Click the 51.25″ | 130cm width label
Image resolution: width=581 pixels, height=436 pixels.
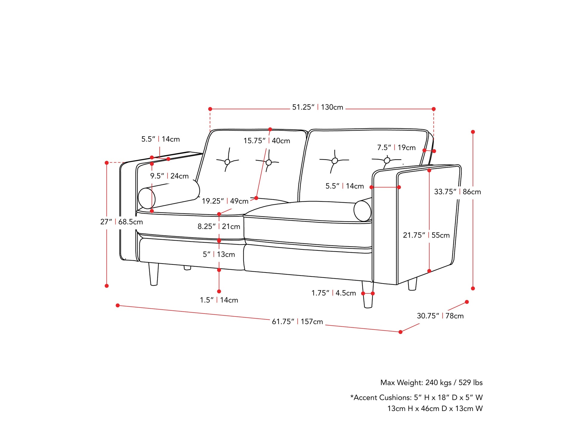pos(318,107)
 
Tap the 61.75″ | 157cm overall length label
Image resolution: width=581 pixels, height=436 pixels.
pos(297,322)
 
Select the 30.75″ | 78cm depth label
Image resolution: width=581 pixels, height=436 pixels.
pos(440,316)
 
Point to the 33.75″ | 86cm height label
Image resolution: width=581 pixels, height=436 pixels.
pos(457,192)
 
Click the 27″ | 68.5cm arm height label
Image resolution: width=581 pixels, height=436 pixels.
pos(122,222)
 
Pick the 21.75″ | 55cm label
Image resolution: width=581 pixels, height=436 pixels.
pos(426,235)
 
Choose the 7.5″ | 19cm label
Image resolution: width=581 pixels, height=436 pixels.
pos(396,148)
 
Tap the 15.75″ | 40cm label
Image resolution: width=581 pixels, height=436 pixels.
pos(267,141)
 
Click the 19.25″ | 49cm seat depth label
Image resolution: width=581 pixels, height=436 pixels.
pos(225,201)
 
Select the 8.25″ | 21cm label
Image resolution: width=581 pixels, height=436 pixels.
pos(219,227)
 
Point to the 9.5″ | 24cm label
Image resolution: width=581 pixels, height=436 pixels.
pos(169,176)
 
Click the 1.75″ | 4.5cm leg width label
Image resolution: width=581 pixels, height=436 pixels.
pos(334,293)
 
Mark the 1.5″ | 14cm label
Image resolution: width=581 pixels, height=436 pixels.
pos(219,300)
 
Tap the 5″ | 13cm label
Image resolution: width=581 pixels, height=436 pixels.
pos(219,254)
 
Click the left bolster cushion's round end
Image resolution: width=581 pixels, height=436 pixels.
pos(147,198)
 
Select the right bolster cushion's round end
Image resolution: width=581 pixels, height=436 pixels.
pos(362,211)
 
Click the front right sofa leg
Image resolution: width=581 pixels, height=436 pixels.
pos(368,294)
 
